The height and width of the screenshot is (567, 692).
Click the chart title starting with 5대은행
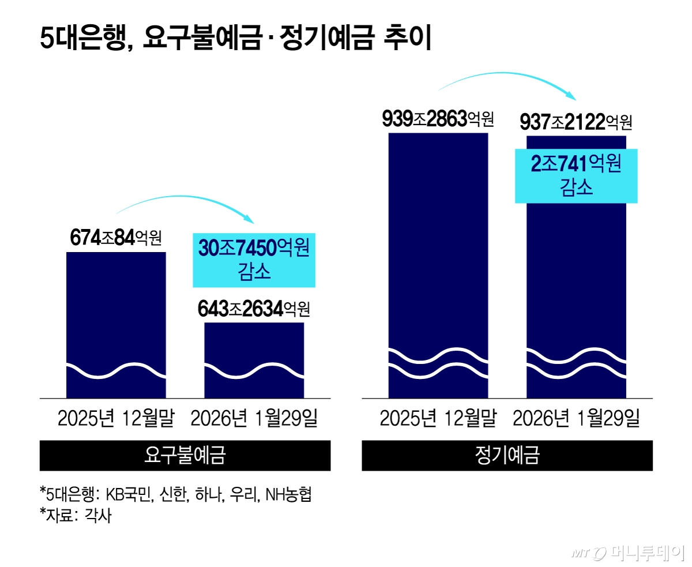[235, 40]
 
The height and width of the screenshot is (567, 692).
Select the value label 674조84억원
[116, 237]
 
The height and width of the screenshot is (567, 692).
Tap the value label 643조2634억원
[254, 309]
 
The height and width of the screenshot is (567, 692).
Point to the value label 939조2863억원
[438, 119]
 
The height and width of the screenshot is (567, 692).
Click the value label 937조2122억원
[576, 122]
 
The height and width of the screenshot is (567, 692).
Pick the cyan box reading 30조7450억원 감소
[254, 260]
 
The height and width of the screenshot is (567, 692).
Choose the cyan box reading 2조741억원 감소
[576, 176]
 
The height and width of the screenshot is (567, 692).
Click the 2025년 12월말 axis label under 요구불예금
[116, 419]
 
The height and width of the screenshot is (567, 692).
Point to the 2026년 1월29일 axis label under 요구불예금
[254, 419]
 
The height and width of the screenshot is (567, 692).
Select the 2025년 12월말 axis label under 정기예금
[438, 419]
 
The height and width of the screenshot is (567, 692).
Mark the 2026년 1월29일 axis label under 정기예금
[576, 419]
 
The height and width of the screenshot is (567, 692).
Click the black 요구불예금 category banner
[185, 456]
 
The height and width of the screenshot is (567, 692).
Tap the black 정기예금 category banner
[507, 456]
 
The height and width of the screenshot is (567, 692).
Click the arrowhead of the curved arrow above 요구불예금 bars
[249, 219]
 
